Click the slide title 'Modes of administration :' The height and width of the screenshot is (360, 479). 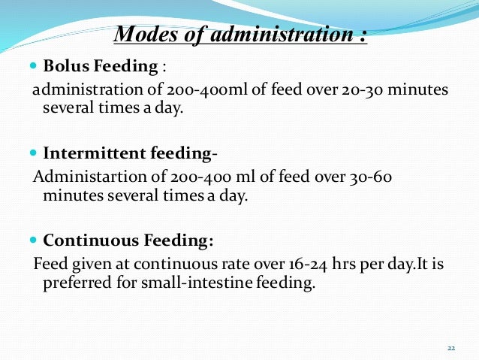239,35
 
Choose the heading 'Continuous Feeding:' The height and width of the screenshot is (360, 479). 128,241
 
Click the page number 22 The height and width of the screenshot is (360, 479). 451,348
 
